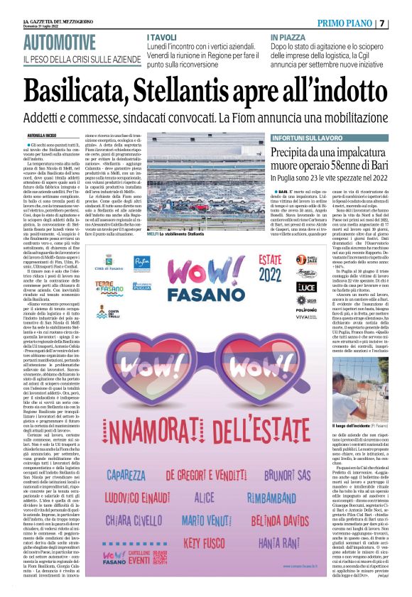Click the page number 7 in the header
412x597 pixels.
click(x=401, y=23)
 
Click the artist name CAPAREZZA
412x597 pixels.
click(x=130, y=471)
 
